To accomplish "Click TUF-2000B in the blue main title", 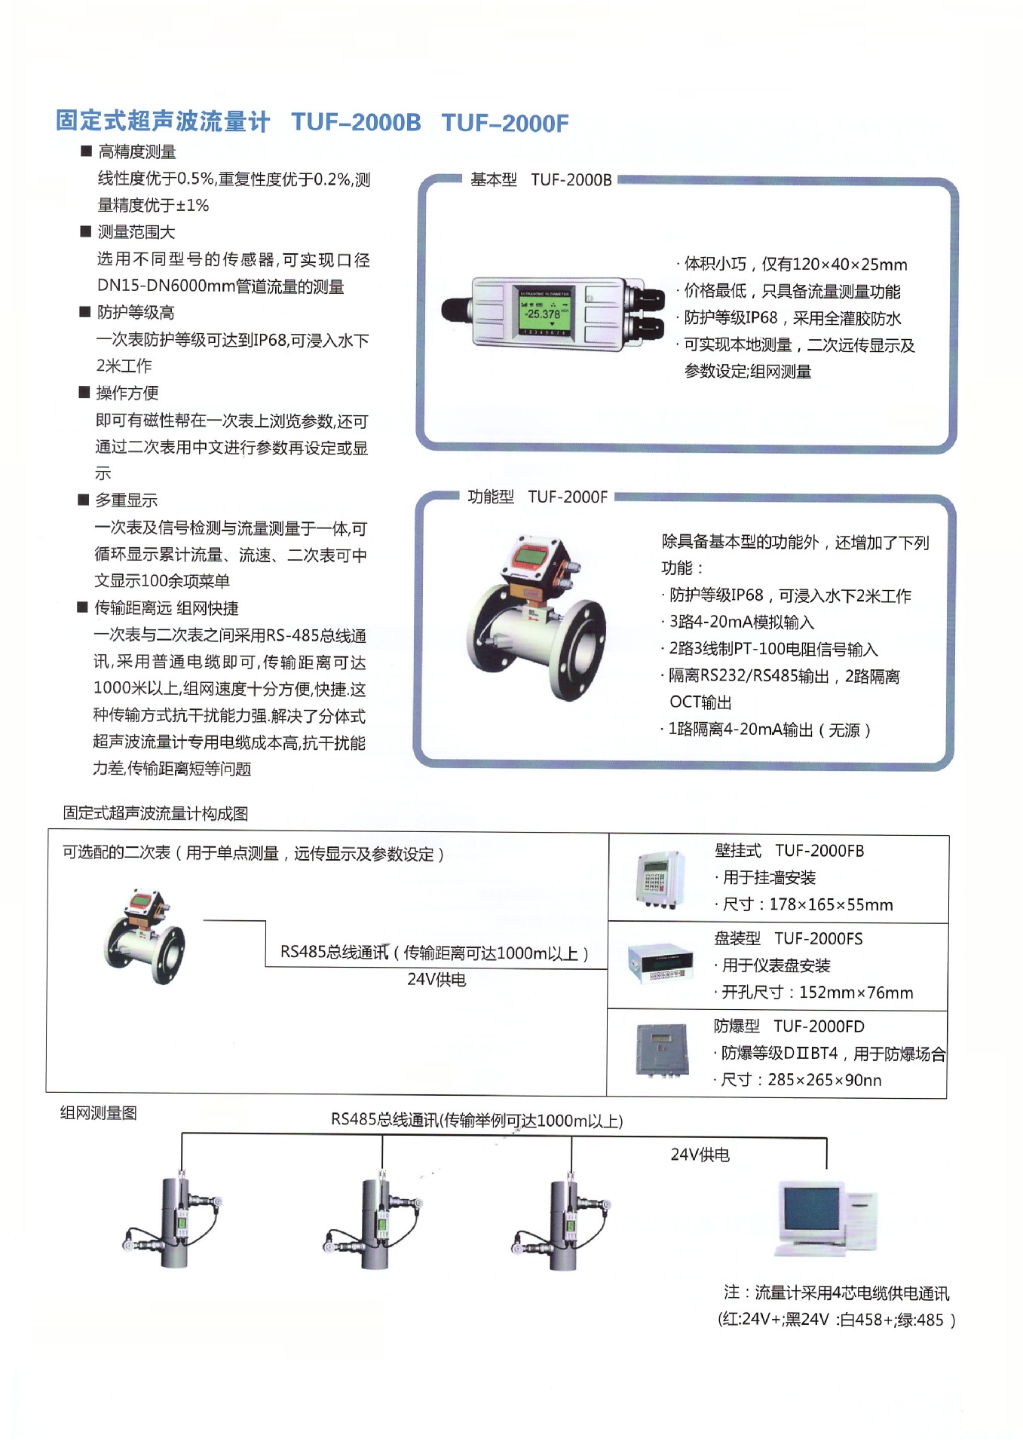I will pos(356,122).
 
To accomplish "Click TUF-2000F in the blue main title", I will pos(504,123).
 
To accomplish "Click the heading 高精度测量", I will pos(136,151).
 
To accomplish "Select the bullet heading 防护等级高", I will pos(135,312).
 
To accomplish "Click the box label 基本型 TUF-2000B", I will pos(541,179).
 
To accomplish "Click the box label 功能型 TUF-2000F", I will pos(537,497).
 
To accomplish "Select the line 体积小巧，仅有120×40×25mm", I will pos(795,264).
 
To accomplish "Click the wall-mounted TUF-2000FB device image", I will pos(660,879).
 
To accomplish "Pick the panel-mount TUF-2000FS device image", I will pos(660,962).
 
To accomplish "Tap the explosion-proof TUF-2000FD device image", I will pos(661,1049).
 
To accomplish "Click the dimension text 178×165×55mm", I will pos(831,904).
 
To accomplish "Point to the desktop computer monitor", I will pos(811,1211).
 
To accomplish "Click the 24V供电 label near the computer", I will pos(700,1155).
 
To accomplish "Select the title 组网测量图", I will pos(98,1113).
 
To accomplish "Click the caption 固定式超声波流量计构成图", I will pos(155,813).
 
